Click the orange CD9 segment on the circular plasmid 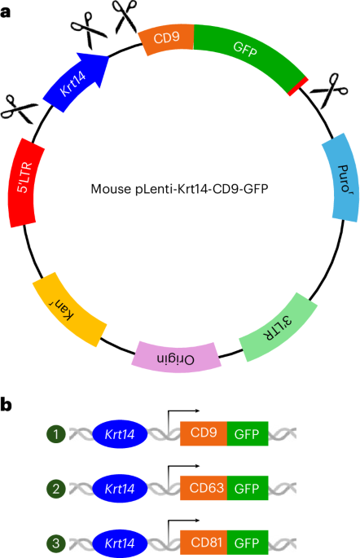[x=166, y=38]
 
